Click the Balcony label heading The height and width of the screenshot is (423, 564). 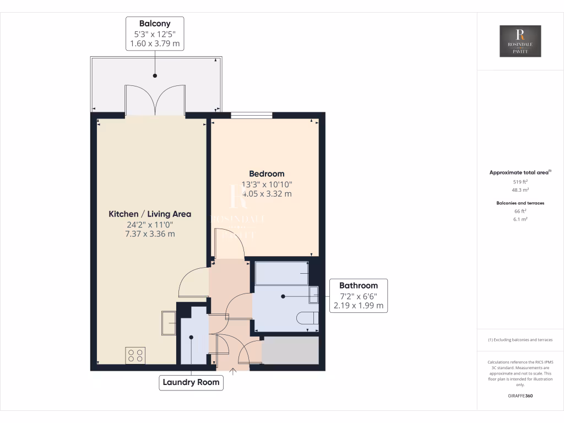155,24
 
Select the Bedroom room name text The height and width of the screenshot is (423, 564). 267,173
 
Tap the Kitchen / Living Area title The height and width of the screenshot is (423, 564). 150,214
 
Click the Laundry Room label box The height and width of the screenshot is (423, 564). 191,382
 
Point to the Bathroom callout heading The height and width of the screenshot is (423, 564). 358,285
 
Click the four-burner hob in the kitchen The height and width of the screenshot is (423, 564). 135,356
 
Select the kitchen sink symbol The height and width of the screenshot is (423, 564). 168,323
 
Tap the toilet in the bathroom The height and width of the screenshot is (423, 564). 307,318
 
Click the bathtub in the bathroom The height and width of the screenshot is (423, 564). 281,273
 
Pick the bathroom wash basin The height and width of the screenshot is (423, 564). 314,295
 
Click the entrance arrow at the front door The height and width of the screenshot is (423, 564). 232,372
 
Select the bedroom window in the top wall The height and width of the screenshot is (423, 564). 251,115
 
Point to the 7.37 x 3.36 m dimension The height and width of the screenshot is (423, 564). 150,234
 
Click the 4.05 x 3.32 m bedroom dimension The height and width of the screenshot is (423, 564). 267,194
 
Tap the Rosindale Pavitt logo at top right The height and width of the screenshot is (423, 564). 520,41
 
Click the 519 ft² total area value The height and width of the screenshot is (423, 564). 520,181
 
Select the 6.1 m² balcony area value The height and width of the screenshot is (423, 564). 520,219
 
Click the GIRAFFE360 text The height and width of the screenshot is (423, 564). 520,396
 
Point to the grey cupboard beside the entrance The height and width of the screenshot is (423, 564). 290,350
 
